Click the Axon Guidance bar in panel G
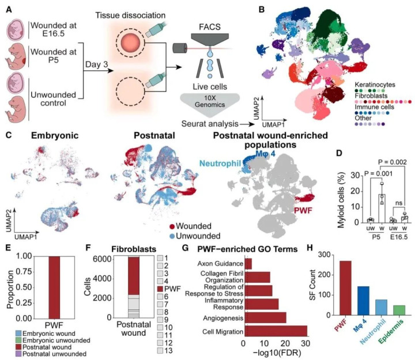point(248,263)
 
